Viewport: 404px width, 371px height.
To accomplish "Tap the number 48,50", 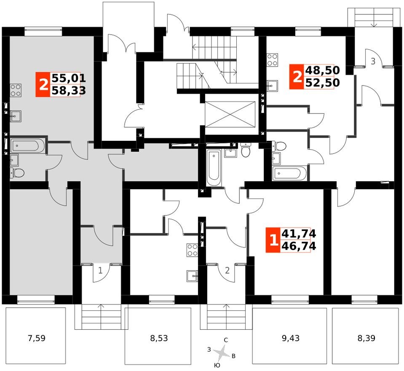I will point(323,70).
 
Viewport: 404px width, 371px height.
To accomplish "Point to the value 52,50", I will point(323,83).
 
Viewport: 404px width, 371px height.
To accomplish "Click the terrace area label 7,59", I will point(36,338).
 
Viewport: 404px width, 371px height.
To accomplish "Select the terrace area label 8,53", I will point(158,338).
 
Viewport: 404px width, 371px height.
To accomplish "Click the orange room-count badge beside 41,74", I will point(273,240).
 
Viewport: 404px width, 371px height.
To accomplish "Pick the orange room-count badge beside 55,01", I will point(43,84).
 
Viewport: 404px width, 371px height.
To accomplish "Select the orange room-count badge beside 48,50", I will point(297,77).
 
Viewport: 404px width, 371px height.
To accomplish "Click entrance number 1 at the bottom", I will point(100,270).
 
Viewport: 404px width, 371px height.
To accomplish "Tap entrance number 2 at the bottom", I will point(227,270).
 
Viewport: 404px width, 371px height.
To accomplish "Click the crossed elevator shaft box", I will point(230,113).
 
